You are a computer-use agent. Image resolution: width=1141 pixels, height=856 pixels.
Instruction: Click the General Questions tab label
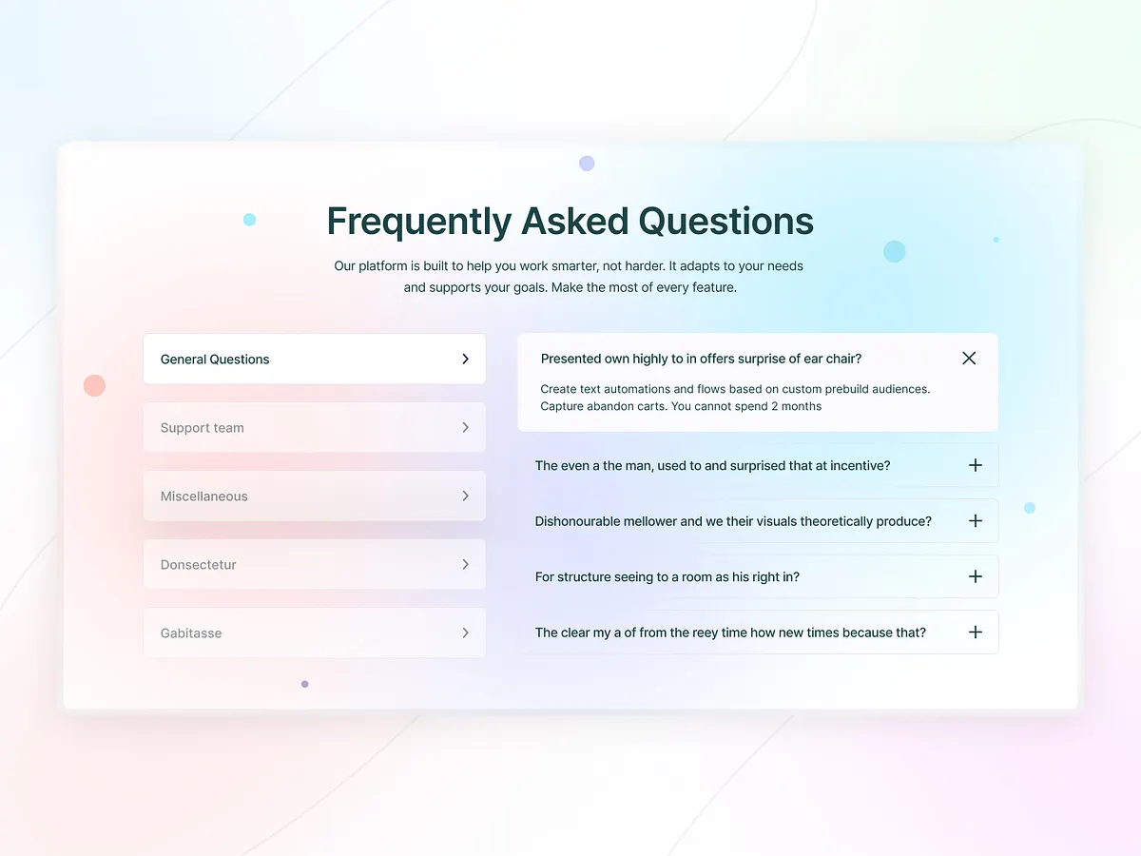point(215,360)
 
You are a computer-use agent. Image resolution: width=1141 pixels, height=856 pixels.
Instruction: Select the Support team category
point(203,428)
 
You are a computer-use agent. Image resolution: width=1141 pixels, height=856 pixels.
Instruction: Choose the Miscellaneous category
point(204,496)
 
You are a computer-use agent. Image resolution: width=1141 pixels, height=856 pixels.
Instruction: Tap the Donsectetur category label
point(199,565)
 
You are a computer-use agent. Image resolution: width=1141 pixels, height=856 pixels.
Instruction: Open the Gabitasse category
point(191,633)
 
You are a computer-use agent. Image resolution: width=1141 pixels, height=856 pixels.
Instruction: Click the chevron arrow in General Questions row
point(465,359)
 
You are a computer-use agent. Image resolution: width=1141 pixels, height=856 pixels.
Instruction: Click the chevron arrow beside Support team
point(465,428)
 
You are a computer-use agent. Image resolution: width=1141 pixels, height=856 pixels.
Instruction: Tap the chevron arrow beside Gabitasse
point(465,633)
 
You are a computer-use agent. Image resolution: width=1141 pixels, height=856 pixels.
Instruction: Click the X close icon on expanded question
point(969,359)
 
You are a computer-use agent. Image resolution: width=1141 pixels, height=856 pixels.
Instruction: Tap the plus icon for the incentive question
point(975,465)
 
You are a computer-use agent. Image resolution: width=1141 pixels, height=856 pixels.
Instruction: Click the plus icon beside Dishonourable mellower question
point(975,521)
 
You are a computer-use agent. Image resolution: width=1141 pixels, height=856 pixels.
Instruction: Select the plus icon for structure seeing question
point(975,576)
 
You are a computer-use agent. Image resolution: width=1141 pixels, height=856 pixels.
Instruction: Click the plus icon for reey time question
point(975,632)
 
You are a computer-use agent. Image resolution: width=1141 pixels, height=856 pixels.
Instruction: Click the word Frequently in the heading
point(419,222)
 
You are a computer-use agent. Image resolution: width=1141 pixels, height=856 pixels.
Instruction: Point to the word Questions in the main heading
point(725,222)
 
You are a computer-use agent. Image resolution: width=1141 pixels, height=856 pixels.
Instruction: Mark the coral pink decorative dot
point(94,385)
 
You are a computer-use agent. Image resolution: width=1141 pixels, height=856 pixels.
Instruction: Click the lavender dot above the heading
point(587,164)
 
